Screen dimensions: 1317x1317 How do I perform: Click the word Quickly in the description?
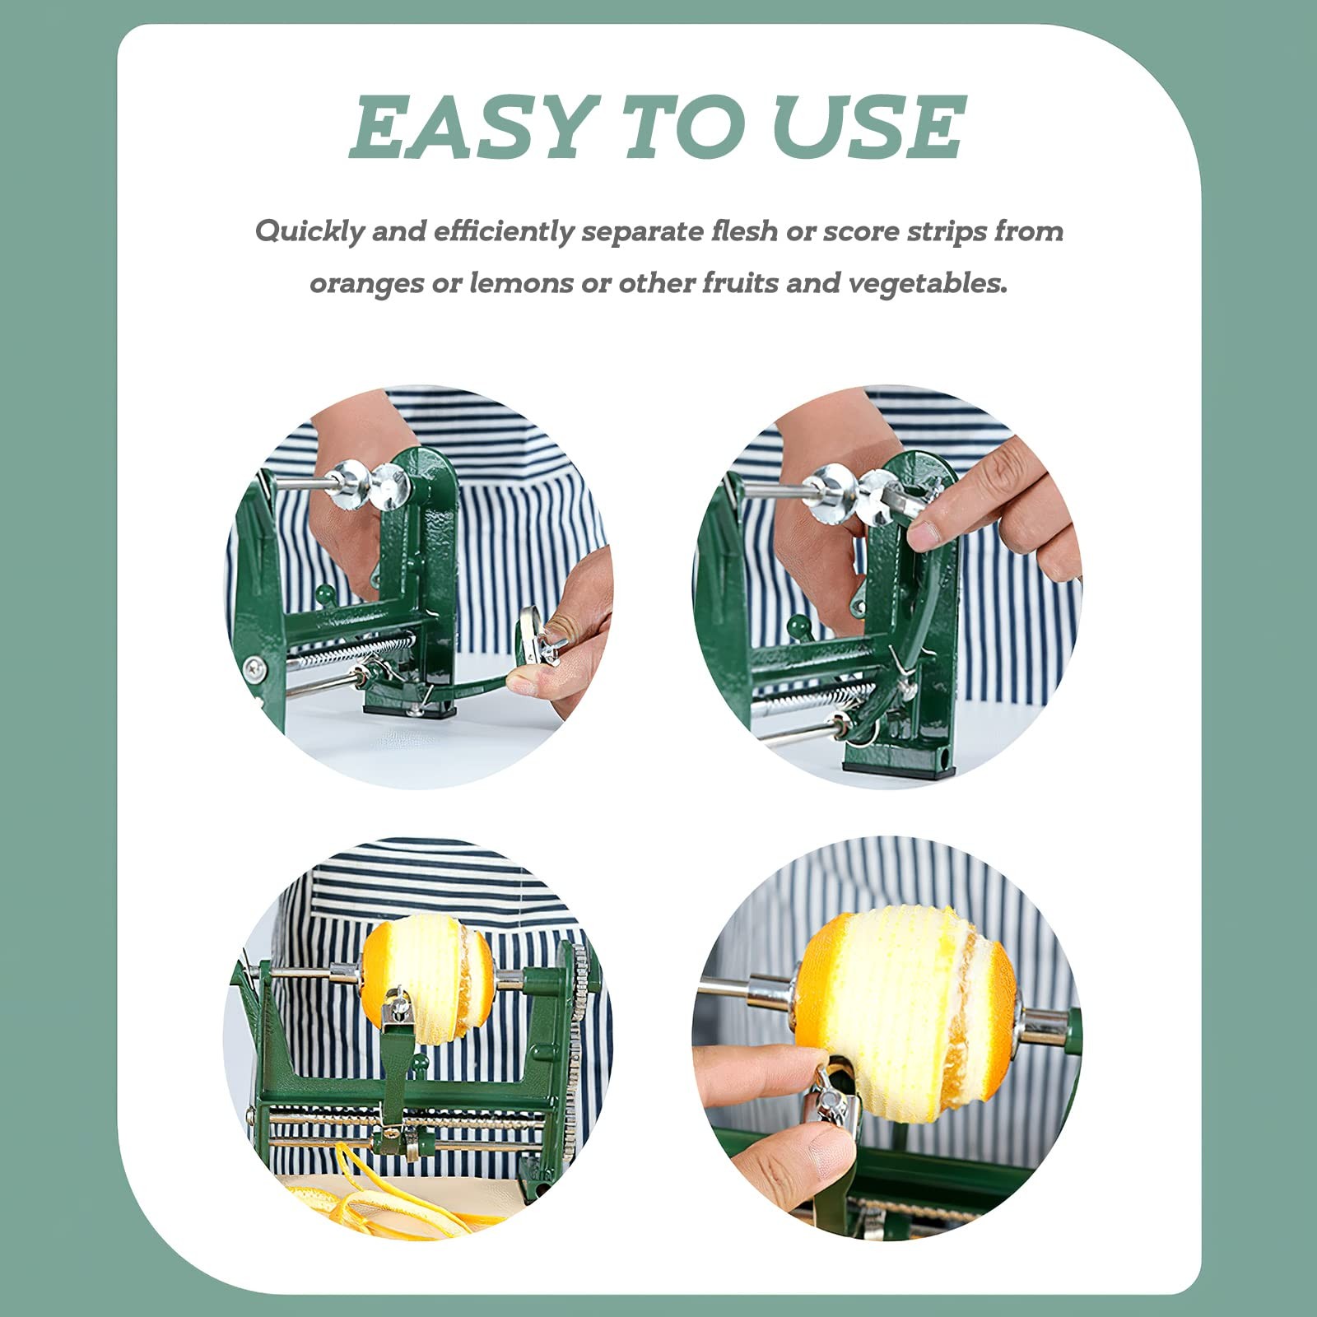tap(309, 231)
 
